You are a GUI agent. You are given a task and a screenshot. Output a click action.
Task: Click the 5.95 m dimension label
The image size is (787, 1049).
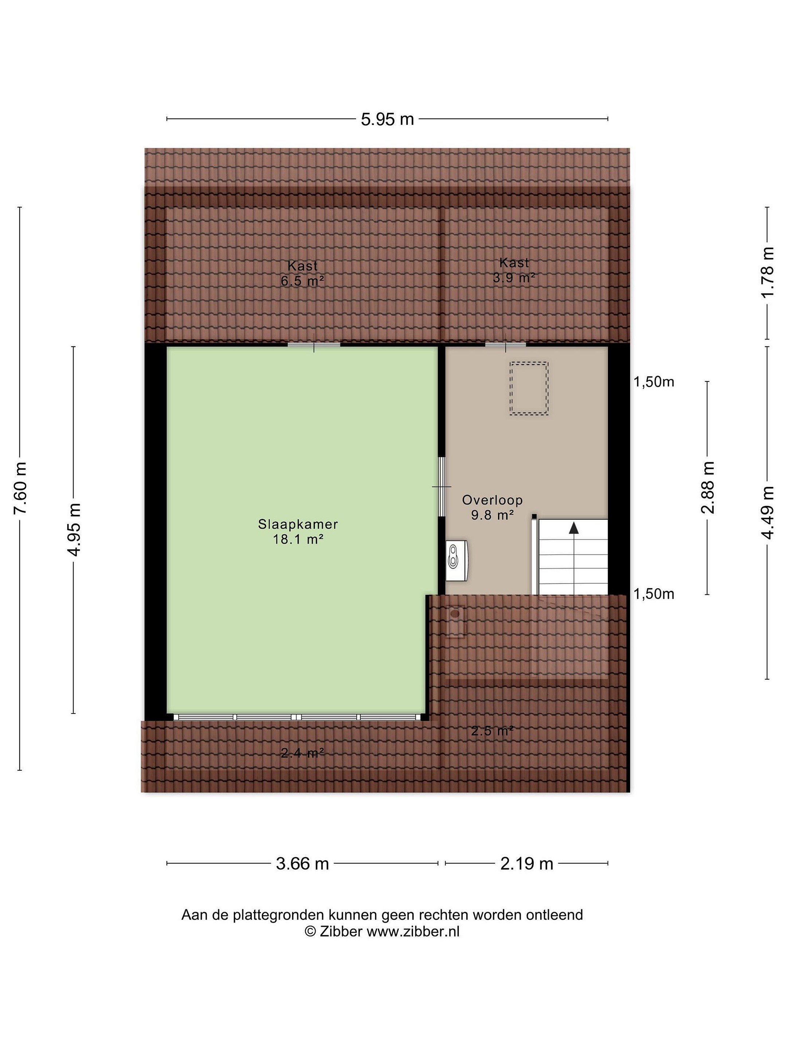pos(387,119)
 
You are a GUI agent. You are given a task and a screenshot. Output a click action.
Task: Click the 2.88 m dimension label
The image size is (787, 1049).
pos(707,487)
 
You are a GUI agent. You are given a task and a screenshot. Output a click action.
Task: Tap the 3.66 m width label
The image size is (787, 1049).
pos(302,864)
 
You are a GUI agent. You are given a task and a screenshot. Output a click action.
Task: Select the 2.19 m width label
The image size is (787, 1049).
pos(526,864)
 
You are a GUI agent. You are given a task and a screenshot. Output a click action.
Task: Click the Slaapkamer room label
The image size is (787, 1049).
pos(298,524)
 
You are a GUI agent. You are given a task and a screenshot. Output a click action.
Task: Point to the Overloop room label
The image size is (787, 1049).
pos(492,500)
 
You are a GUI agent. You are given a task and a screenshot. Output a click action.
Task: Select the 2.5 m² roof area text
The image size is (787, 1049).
pos(492,731)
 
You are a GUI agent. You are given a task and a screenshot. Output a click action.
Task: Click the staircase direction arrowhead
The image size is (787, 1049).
pos(574,527)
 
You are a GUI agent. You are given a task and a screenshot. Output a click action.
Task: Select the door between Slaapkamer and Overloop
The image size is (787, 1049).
pos(442,487)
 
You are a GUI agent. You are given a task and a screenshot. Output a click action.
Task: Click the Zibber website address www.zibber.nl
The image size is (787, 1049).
pos(413,931)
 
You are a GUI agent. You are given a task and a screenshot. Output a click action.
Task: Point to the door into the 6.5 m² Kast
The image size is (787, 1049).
pos(314,344)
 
